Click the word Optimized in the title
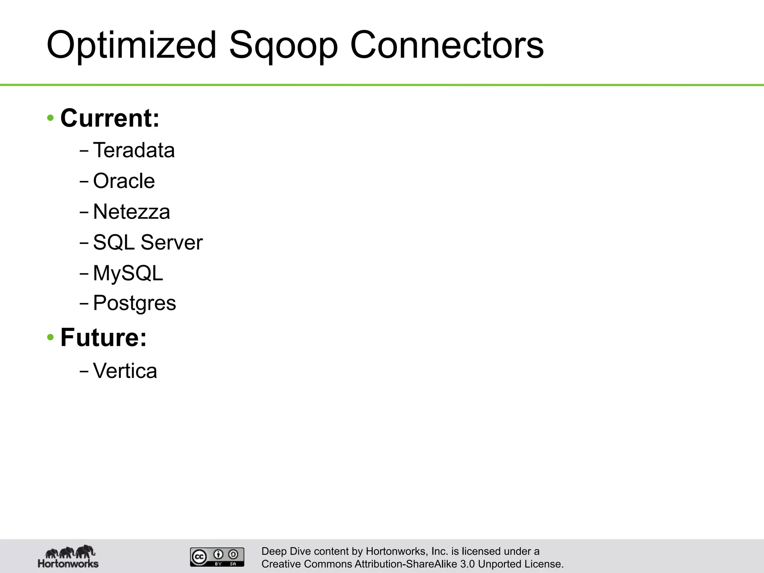coord(131,45)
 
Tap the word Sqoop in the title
coord(283,46)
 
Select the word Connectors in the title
coord(447,45)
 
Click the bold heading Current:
coord(110,118)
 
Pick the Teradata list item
coord(134,150)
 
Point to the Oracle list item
coord(124,181)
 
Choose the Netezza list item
coord(131,212)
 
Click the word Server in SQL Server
coord(172,242)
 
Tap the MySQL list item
coord(128,273)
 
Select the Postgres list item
coord(134,303)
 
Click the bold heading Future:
coord(104,337)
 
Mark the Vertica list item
coord(125,371)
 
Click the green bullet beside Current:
coord(51,118)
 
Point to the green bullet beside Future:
coord(51,338)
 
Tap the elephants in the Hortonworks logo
coord(70,551)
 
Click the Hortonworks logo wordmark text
coord(68,563)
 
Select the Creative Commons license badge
coord(217,557)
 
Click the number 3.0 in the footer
coord(467,564)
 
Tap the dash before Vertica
coord(84,371)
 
